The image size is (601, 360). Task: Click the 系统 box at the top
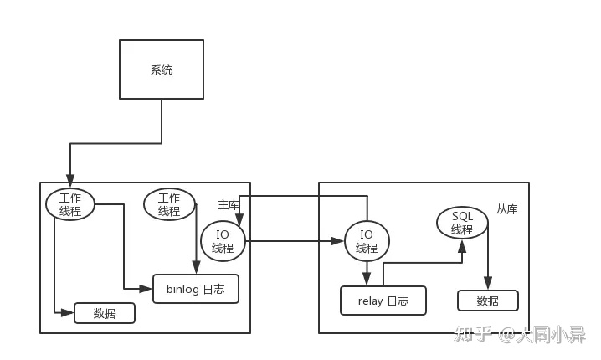pyautogui.click(x=161, y=70)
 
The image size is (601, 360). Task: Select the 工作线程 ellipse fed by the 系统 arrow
pyautogui.click(x=70, y=203)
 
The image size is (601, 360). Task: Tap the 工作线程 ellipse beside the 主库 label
pyautogui.click(x=169, y=204)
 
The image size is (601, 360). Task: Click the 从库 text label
pyautogui.click(x=506, y=209)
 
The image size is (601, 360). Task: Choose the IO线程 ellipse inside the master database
pyautogui.click(x=223, y=241)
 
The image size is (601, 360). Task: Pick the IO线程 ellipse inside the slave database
pyautogui.click(x=367, y=241)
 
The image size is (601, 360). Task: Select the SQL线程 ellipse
pyautogui.click(x=462, y=223)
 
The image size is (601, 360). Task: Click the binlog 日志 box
pyautogui.click(x=196, y=289)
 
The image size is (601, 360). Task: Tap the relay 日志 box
pyautogui.click(x=383, y=301)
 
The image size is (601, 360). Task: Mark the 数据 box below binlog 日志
pyautogui.click(x=105, y=313)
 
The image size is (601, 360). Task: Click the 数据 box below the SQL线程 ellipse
pyautogui.click(x=487, y=301)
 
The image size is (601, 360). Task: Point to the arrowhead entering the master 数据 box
pyautogui.click(x=69, y=312)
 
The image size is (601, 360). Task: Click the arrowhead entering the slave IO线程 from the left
pyautogui.click(x=339, y=241)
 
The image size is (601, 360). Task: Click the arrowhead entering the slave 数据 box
pyautogui.click(x=488, y=285)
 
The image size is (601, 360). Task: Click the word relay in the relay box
pyautogui.click(x=371, y=301)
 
